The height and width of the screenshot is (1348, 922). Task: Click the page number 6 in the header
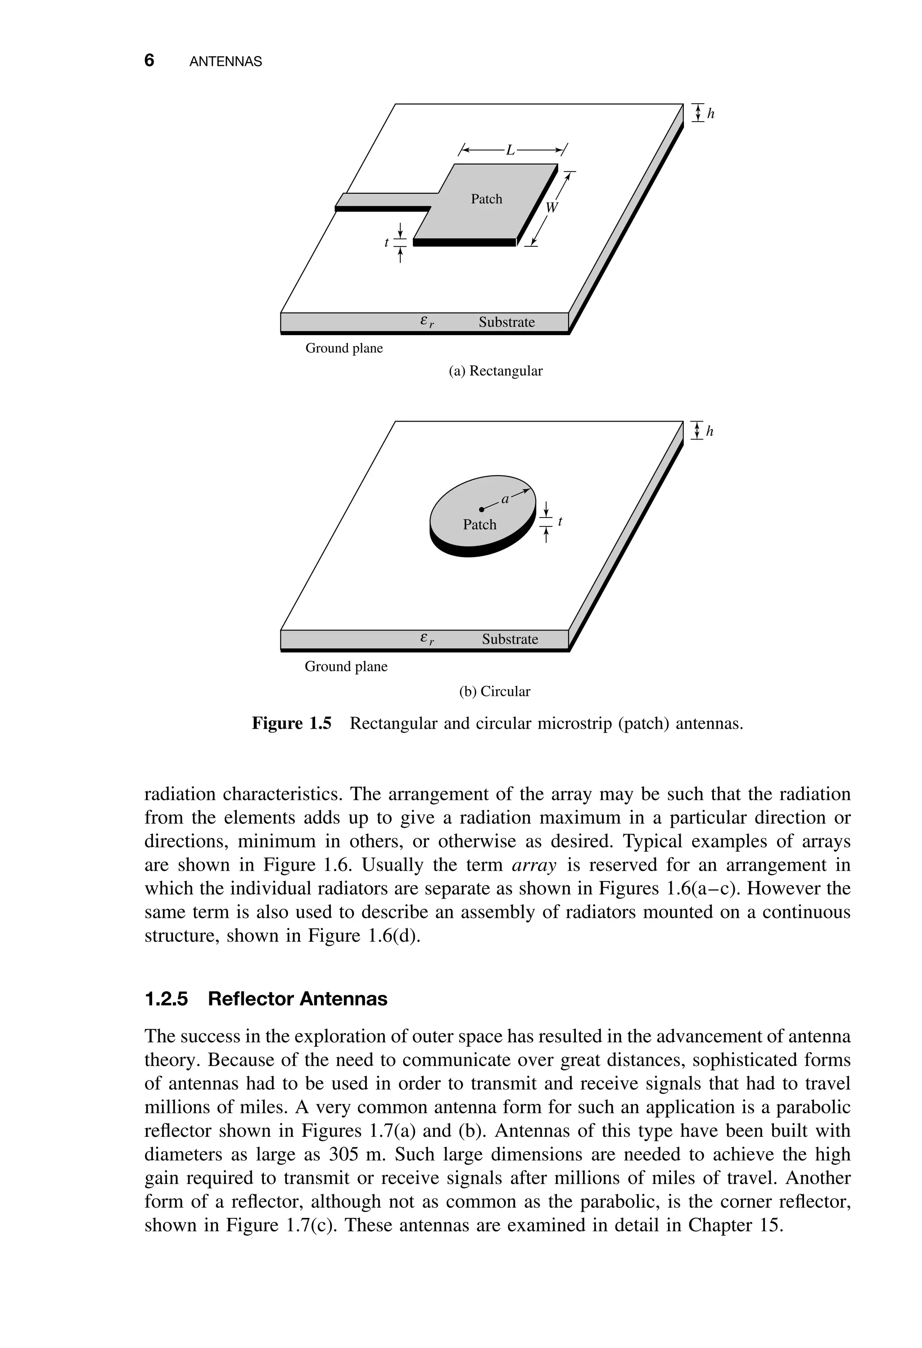point(149,60)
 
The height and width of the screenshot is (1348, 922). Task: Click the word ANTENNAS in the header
point(226,62)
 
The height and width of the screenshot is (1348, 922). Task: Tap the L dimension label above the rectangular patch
point(510,151)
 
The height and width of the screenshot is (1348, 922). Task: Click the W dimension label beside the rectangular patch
point(551,207)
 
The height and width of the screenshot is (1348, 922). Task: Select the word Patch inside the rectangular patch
point(486,199)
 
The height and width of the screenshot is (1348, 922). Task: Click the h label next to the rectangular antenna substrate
point(711,114)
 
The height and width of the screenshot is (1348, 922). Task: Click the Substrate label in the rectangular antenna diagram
point(506,322)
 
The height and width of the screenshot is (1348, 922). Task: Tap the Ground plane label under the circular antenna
point(346,667)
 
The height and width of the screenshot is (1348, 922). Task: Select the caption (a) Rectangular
point(495,371)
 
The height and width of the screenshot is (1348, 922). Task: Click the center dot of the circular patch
point(481,509)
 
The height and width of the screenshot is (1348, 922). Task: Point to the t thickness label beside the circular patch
point(560,522)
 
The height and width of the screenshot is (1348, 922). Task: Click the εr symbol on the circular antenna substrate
point(427,639)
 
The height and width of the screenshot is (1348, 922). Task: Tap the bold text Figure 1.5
point(291,724)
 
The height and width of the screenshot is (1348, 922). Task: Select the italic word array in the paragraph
point(534,865)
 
